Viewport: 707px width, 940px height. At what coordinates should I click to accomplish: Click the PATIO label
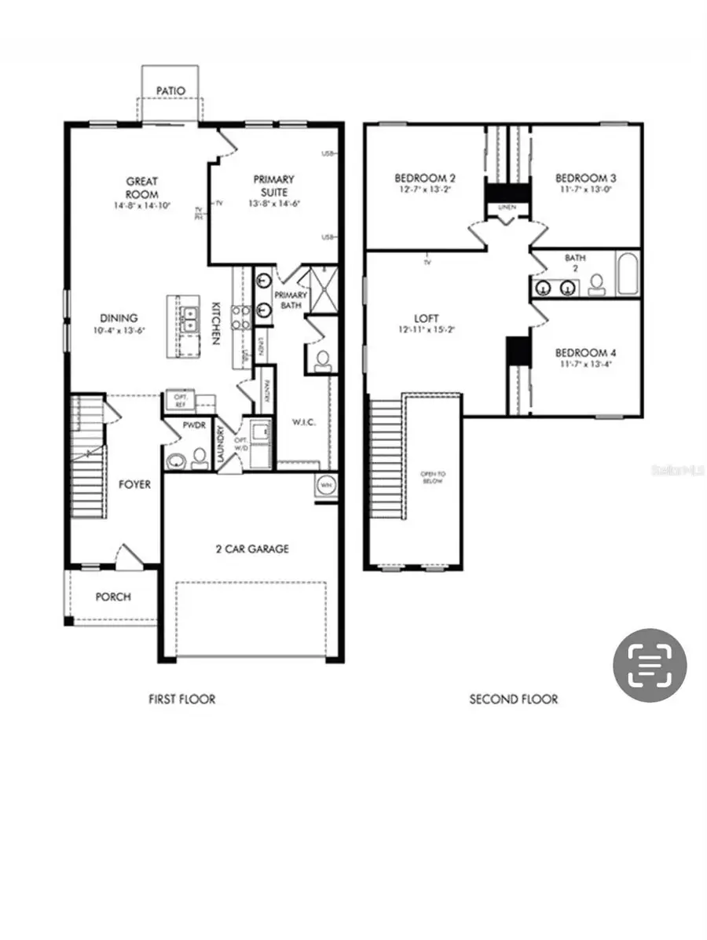click(170, 91)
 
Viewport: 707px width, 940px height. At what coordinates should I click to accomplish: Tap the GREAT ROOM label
click(141, 188)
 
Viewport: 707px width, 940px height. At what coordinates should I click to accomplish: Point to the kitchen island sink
click(188, 319)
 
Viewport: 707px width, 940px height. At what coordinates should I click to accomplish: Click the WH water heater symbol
click(326, 487)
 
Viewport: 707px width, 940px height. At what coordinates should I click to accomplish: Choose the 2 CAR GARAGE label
click(252, 549)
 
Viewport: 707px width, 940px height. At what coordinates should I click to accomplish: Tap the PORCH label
click(113, 597)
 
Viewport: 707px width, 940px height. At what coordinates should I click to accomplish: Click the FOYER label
click(134, 484)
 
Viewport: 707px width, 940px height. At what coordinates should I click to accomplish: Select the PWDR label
click(194, 425)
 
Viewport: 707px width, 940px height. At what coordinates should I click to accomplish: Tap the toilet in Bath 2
click(596, 284)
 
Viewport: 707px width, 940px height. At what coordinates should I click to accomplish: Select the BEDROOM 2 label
click(424, 178)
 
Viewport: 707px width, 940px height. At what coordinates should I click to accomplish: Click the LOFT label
click(427, 318)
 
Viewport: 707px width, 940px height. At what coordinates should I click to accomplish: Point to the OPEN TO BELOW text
click(432, 476)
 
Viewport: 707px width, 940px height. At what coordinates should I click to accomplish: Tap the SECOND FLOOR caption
click(514, 699)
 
